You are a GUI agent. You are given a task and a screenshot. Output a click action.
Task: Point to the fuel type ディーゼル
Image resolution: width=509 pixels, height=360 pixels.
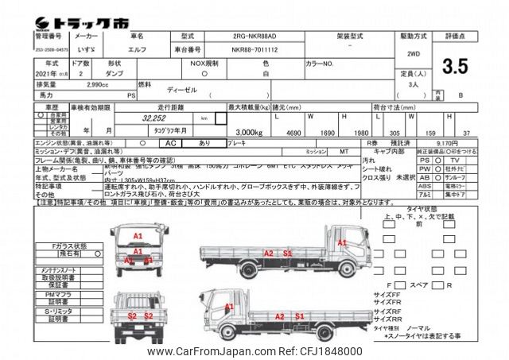(181, 90)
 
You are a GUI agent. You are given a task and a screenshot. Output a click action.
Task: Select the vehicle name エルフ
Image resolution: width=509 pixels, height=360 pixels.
(138, 48)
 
